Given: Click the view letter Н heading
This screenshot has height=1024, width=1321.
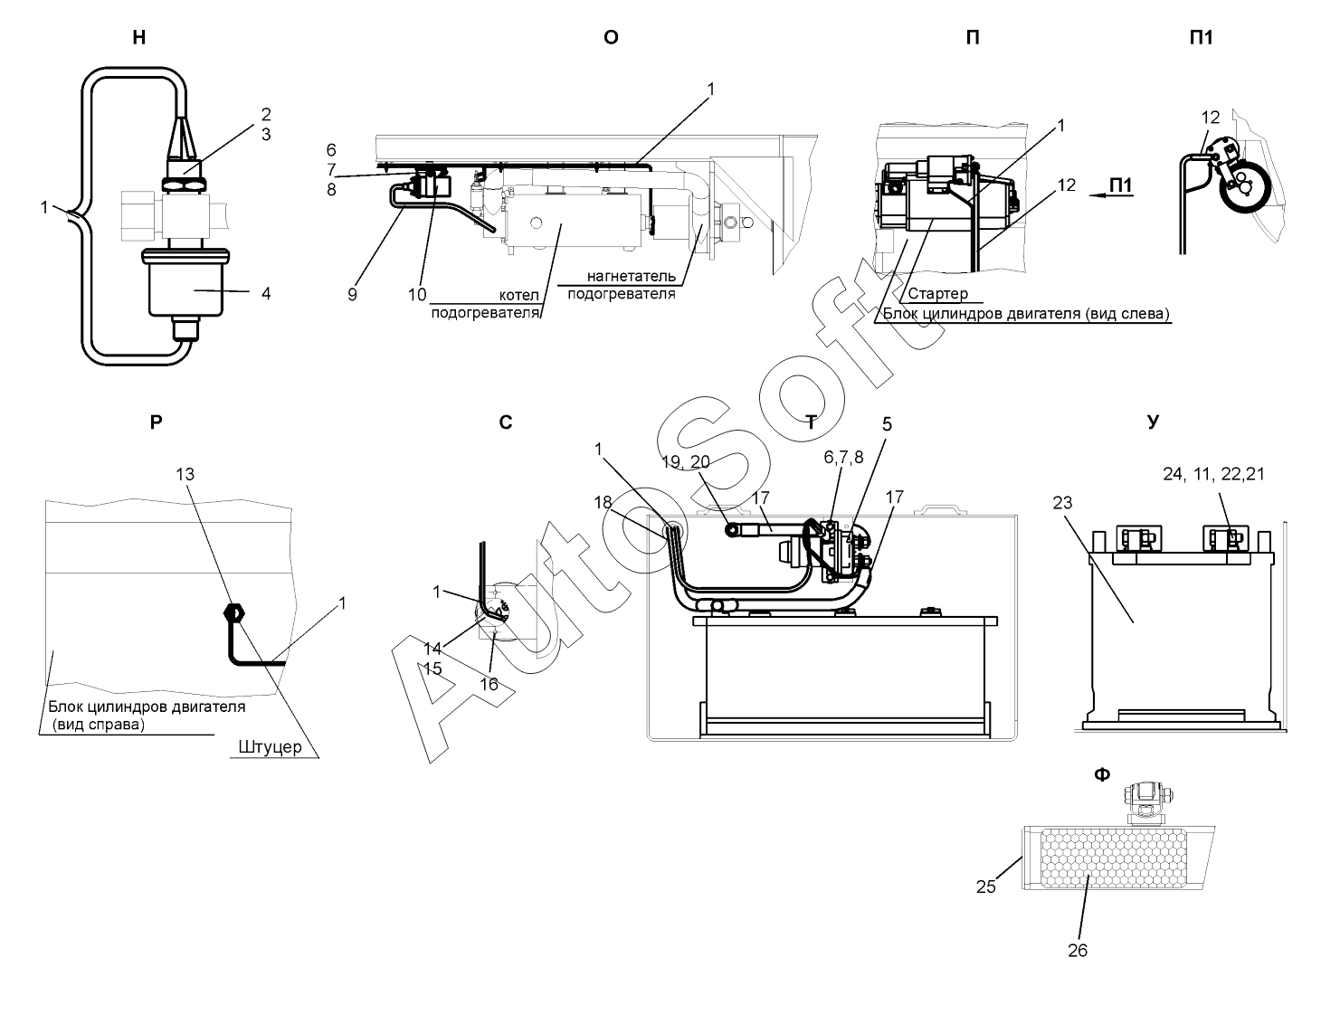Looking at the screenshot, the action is (139, 38).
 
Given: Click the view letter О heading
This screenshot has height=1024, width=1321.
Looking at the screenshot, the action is (611, 38).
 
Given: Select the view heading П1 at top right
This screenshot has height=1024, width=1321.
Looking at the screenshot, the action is (1202, 38).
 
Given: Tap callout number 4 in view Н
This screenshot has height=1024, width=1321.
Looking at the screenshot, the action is (266, 293).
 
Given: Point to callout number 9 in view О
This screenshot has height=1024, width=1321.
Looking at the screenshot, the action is (352, 295).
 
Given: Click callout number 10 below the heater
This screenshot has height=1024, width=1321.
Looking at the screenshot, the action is (417, 295).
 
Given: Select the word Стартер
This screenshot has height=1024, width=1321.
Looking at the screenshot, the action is (938, 294).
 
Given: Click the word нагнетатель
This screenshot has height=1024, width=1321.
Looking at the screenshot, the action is (632, 277).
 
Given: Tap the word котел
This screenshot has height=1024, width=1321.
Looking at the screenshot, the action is (519, 295).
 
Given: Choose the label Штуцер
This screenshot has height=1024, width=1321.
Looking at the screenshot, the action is (270, 747).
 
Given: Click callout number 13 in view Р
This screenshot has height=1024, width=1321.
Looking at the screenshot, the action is (185, 475).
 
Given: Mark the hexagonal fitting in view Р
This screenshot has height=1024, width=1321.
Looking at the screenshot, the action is (234, 612).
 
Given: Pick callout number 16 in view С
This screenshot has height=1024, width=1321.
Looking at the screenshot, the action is (489, 684).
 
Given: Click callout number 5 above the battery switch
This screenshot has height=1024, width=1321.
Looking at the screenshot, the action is (887, 424).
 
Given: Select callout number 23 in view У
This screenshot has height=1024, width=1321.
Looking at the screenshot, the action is (1062, 503).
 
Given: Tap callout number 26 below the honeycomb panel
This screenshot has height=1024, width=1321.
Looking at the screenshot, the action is (1078, 951).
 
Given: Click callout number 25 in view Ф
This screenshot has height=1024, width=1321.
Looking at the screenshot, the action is (986, 887).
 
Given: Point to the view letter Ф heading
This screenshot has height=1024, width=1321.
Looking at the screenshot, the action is (1101, 774).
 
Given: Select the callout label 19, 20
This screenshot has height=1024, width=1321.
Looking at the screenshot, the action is (686, 462).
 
